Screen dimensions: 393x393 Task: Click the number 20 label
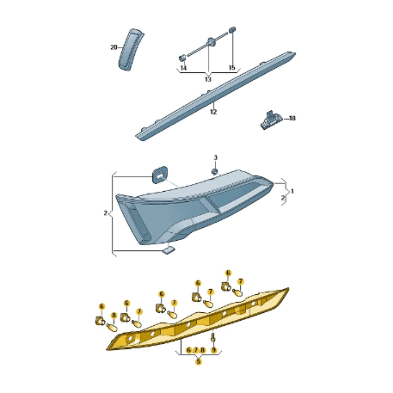tap(114, 47)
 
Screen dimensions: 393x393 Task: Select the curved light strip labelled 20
tap(131, 49)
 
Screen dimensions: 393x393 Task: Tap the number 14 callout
tap(183, 68)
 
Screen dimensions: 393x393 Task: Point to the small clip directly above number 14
tap(182, 58)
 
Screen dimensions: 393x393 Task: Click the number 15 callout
tap(232, 68)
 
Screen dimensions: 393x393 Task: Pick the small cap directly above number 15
tap(233, 30)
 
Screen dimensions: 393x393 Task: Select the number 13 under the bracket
tap(208, 79)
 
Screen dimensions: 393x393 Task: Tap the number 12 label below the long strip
tap(213, 112)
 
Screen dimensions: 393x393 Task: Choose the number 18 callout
tap(292, 118)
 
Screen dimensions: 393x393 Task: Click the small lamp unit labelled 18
tap(271, 120)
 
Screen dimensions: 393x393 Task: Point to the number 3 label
tap(215, 158)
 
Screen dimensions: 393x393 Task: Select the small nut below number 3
tap(215, 172)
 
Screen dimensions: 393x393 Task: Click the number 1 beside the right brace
tap(292, 191)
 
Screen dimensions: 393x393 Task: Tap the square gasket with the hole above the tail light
tap(159, 175)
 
